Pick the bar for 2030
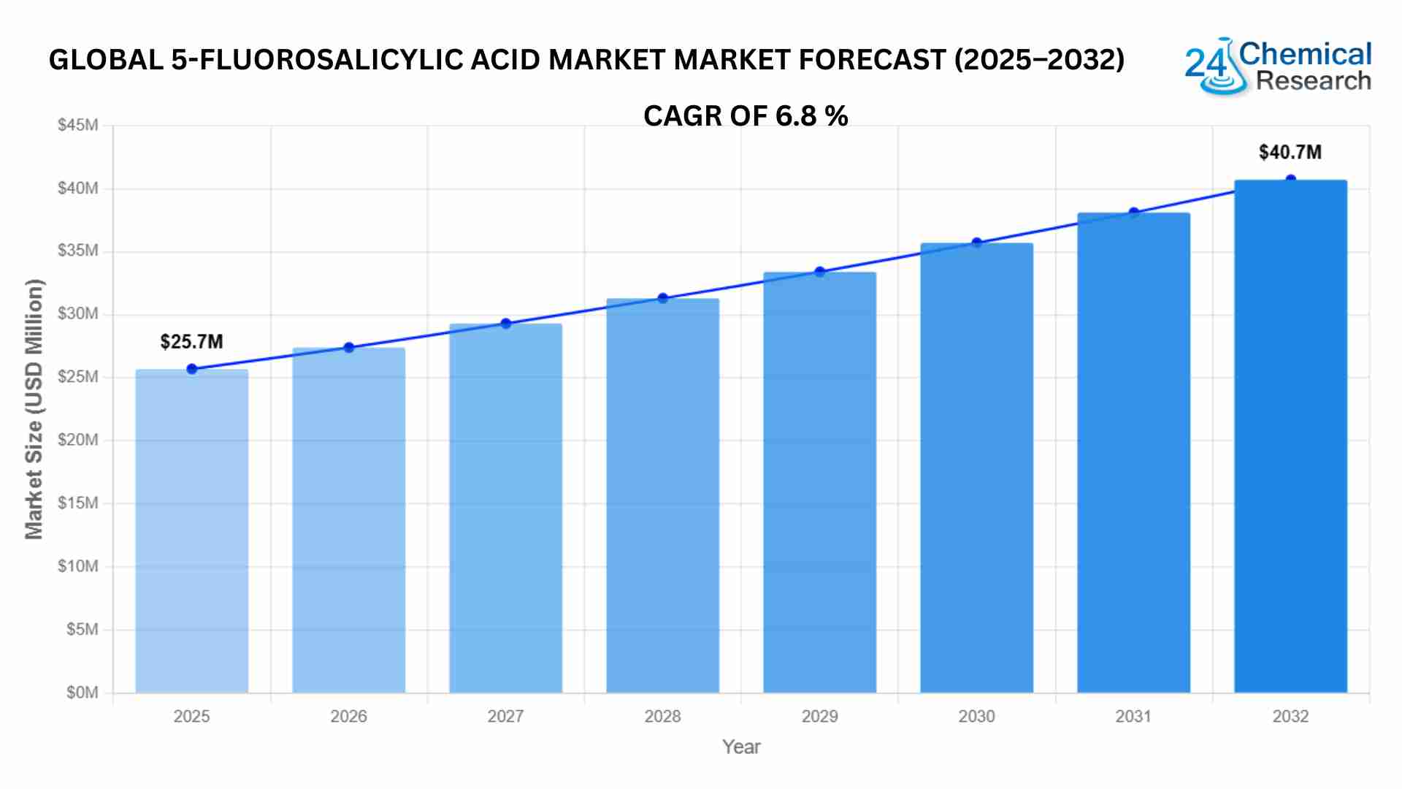(976, 468)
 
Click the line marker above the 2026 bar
(349, 348)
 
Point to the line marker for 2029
(820, 272)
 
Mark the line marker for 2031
(1134, 213)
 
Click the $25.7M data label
(191, 342)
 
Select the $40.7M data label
(1290, 153)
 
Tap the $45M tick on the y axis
(78, 125)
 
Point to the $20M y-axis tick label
(78, 440)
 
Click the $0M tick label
(82, 693)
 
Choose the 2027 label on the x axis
(505, 717)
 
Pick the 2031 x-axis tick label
(1133, 717)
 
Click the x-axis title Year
(741, 747)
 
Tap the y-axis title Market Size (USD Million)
(34, 409)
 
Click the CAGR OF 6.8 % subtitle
(746, 116)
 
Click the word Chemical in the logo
(1306, 54)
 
